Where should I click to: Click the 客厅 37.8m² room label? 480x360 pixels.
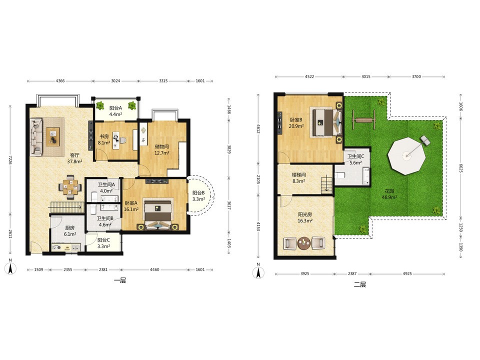point(74,158)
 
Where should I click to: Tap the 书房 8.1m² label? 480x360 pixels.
point(104,139)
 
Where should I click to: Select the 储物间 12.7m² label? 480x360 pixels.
point(162,149)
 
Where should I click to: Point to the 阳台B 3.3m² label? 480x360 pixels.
point(198,196)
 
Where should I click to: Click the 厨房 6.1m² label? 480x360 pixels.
point(70,231)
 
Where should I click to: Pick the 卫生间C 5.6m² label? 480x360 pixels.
point(355,159)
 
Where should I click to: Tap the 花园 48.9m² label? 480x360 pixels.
point(389,194)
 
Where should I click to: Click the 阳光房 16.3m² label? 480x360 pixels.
point(305,217)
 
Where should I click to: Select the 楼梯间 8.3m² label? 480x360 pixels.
point(298,178)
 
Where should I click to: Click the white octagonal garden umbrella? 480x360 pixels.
point(406,156)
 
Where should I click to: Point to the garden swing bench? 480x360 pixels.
point(364,119)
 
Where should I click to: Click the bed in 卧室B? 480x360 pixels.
point(325,122)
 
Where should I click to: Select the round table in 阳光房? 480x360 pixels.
point(304,243)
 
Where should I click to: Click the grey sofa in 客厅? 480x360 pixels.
point(36,137)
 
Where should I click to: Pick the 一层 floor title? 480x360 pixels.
point(120,280)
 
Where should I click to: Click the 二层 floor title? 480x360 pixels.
point(360,284)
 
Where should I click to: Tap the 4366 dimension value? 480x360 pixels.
point(60,81)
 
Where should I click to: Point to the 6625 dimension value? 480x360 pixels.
point(460,168)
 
